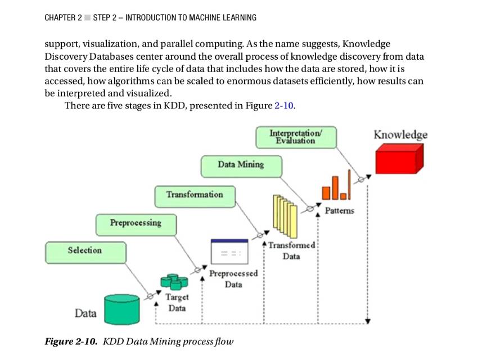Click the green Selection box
click(85, 251)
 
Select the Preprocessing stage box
click(136, 223)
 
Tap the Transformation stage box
click(195, 195)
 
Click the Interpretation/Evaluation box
click(296, 137)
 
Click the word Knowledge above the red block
click(400, 134)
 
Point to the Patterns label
click(340, 210)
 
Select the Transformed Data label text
click(292, 251)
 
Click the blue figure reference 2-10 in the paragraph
click(284, 106)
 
